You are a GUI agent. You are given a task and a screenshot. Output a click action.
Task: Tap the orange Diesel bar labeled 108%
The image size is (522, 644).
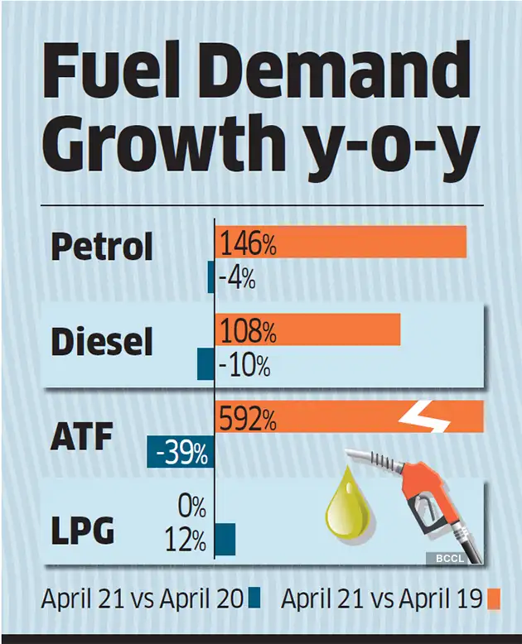[307, 329]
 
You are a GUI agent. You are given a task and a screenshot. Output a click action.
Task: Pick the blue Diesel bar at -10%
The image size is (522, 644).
[205, 365]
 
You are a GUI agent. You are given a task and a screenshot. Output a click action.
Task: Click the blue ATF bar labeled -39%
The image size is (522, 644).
[181, 452]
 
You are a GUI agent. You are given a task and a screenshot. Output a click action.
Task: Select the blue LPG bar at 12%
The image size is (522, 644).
[225, 539]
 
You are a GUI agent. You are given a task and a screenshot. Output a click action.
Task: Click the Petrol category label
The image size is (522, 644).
[102, 247]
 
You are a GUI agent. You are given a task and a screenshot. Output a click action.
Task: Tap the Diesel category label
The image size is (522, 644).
[102, 341]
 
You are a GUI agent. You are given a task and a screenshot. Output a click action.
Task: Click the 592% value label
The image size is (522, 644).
[247, 420]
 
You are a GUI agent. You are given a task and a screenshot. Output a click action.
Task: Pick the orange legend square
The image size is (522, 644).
[495, 598]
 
